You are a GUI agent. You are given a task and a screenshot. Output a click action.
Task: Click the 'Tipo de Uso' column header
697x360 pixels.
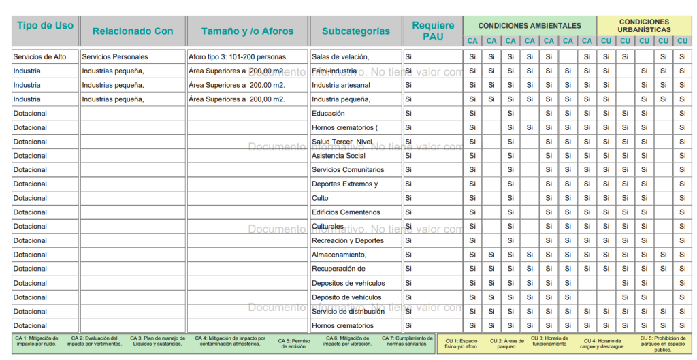point(45,26)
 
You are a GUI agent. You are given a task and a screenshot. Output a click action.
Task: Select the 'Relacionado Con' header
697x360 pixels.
point(133,31)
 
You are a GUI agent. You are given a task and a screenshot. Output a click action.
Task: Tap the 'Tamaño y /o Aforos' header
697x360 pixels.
point(247,31)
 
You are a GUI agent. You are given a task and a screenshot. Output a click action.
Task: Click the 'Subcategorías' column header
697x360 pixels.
point(356,31)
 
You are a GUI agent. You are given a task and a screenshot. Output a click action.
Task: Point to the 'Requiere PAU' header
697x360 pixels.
point(433,31)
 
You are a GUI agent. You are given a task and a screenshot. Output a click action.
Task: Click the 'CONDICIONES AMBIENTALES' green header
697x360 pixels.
point(530,26)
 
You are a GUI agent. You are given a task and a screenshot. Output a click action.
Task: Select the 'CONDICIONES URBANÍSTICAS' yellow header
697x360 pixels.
point(644,26)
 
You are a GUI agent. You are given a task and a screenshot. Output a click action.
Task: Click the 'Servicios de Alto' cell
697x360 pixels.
point(40,56)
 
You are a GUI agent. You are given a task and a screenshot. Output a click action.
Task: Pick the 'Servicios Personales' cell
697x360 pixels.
point(115,56)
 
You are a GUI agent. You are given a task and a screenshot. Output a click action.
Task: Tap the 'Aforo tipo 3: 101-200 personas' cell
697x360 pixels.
point(238,56)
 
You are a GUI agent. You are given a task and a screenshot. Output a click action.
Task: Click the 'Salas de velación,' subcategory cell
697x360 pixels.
point(340,56)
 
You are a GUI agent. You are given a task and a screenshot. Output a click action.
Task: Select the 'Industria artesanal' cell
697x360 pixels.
point(341,85)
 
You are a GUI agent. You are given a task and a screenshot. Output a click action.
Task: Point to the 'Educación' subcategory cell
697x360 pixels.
point(328,114)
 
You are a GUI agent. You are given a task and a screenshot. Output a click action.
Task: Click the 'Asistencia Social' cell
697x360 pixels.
point(338,156)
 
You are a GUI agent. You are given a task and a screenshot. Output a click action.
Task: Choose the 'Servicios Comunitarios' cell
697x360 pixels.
point(348,170)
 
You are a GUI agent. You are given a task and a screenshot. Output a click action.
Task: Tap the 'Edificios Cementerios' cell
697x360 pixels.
point(346,212)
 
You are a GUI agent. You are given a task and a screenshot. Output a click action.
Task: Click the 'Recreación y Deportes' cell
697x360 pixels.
point(348,240)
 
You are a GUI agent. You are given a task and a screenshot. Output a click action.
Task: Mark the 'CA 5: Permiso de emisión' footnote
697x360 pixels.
point(294,344)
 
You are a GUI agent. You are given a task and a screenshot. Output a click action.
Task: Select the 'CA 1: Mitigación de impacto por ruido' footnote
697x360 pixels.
point(36,341)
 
